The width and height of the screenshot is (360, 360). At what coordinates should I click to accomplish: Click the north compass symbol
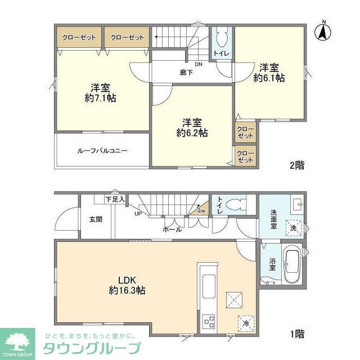coord(323,31)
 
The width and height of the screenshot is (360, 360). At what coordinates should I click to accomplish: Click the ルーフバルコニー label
coord(102,151)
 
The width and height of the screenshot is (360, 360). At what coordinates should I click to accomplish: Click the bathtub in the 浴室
coord(291,266)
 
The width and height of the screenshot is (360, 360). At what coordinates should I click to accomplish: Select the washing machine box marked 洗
coord(292,227)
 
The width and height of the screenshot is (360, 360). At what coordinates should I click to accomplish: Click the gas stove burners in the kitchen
coord(209,322)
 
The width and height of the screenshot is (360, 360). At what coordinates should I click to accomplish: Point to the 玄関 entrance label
coord(95,219)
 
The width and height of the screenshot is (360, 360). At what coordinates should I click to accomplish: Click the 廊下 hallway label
coord(186,72)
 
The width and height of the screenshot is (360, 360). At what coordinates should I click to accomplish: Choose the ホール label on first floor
coord(172,229)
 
